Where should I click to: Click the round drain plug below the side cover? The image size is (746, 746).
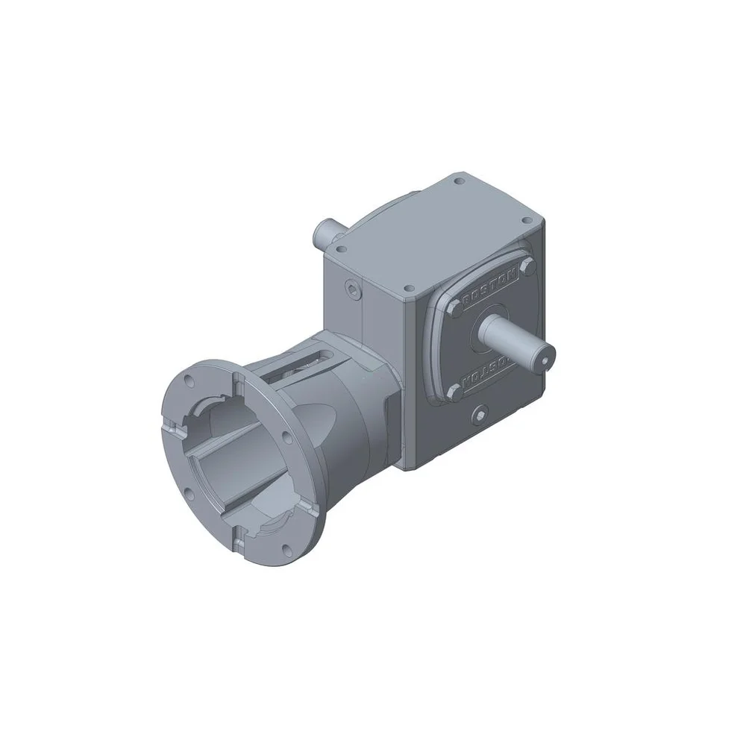[x=480, y=413]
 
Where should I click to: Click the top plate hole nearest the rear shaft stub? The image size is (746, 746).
[x=341, y=249]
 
